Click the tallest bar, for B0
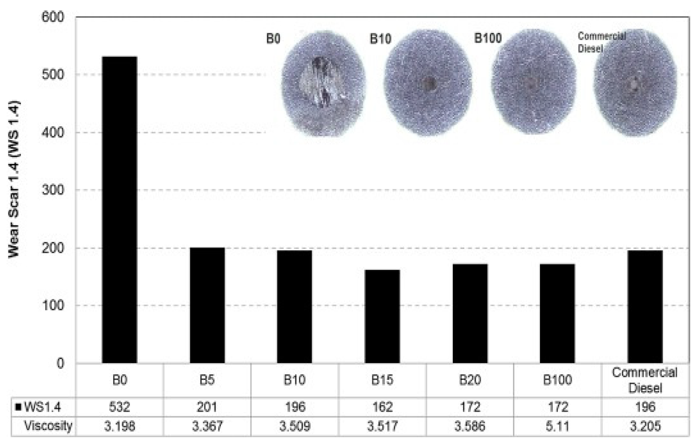[119, 209]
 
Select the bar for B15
[382, 316]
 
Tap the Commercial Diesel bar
[645, 306]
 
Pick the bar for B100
[557, 313]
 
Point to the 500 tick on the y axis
[53, 75]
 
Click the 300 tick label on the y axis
[53, 190]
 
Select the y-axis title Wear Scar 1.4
[14, 179]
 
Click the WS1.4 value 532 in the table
[119, 407]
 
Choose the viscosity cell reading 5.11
[557, 426]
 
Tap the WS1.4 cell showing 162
[382, 407]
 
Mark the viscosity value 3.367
[207, 426]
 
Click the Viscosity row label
[48, 426]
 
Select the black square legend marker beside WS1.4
[18, 407]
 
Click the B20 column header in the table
[470, 380]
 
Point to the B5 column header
[207, 380]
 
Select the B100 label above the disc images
[488, 39]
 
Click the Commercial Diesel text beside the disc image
[601, 42]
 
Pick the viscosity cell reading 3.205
[645, 426]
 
